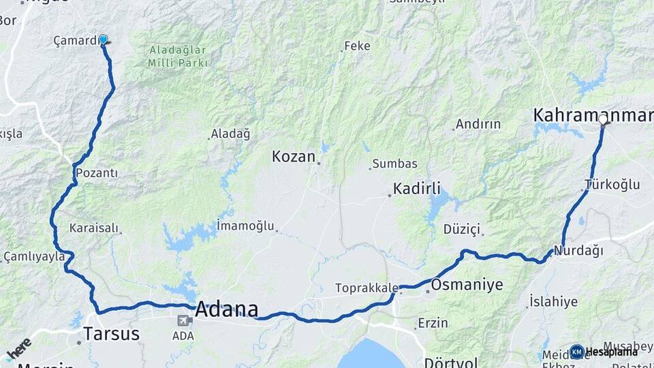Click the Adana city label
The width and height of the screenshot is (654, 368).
pyautogui.click(x=226, y=309)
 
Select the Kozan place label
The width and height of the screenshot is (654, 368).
pyautogui.click(x=294, y=157)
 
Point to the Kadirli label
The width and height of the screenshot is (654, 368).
pyautogui.click(x=417, y=189)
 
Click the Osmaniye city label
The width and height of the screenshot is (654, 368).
pyautogui.click(x=467, y=285)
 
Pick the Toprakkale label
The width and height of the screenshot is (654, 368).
pyautogui.click(x=366, y=288)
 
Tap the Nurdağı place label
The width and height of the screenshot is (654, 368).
pyautogui.click(x=579, y=251)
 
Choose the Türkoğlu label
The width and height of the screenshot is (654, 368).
pyautogui.click(x=612, y=185)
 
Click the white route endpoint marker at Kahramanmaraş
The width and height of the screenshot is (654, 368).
pyautogui.click(x=603, y=119)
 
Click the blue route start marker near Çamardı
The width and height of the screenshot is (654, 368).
pyautogui.click(x=104, y=40)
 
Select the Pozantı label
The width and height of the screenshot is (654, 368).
pyautogui.click(x=97, y=173)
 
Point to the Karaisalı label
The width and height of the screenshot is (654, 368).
pyautogui.click(x=94, y=228)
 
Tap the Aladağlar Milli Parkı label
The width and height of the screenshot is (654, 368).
pyautogui.click(x=177, y=57)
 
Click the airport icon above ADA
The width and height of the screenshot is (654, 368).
pyautogui.click(x=183, y=321)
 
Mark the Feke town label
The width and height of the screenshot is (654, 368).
pyautogui.click(x=357, y=46)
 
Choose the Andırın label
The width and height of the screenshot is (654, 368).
pyautogui.click(x=478, y=125)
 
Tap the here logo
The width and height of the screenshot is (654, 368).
pyautogui.click(x=18, y=348)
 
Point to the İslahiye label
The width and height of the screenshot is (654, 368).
pyautogui.click(x=553, y=301)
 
